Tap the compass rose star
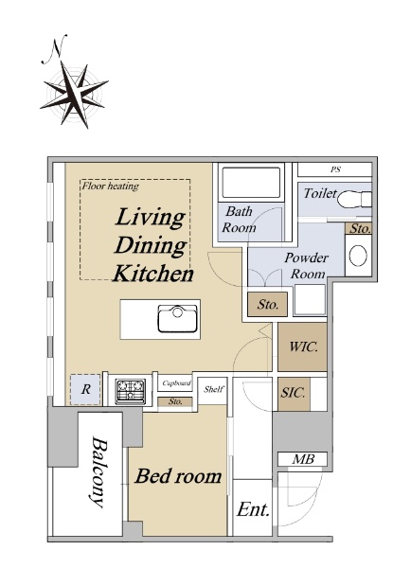74,95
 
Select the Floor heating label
110,186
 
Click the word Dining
151,245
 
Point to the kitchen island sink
177,318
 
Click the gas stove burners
131,391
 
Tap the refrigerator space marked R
85,389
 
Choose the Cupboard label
176,382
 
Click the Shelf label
214,389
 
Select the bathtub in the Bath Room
251,183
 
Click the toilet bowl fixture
354,199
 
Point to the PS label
335,169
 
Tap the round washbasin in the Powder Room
358,255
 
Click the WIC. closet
303,346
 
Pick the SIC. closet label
293,393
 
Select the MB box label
303,459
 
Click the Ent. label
253,509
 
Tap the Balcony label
99,472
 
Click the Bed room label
178,475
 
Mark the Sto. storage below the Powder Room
268,304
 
